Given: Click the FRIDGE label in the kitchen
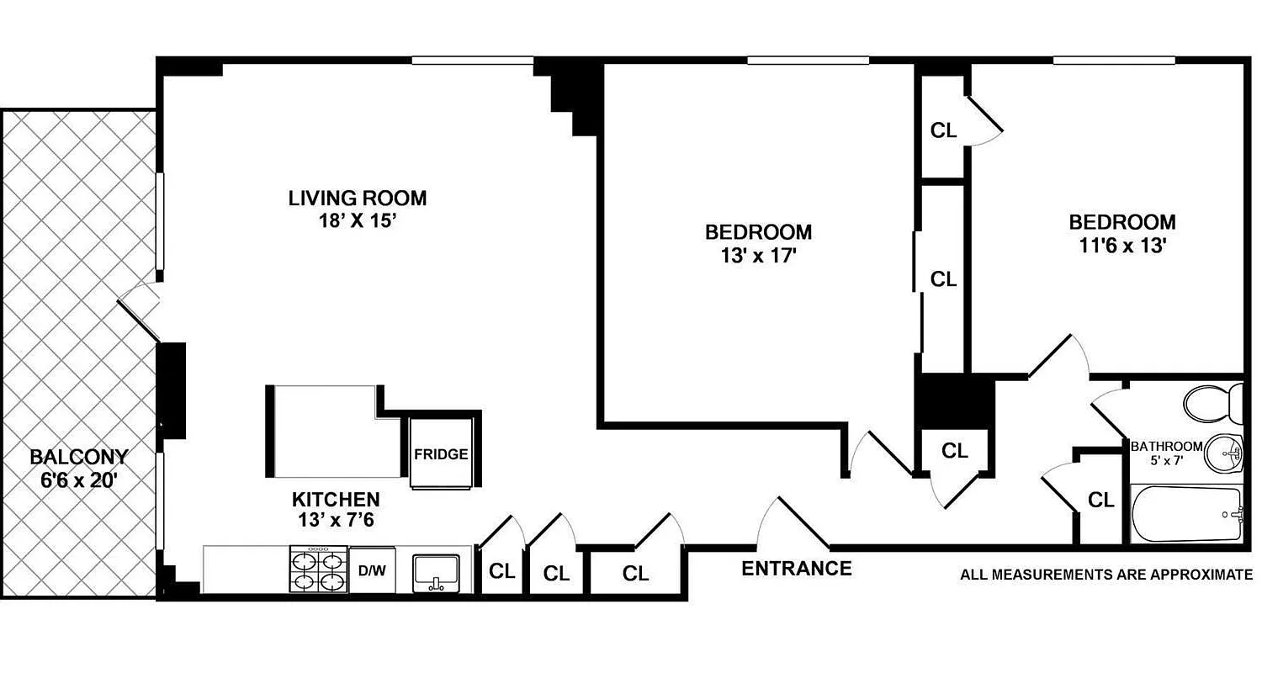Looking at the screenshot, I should (x=440, y=454).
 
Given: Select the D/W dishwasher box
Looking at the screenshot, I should (x=372, y=571).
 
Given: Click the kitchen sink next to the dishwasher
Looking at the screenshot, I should (x=436, y=571).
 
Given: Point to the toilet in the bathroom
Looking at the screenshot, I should (x=1213, y=403).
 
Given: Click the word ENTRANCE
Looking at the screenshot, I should (x=796, y=569).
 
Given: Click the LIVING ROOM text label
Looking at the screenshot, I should (x=358, y=199).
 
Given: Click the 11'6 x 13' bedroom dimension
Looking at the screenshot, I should (x=1121, y=246).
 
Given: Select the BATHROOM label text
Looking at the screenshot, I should (x=1166, y=445).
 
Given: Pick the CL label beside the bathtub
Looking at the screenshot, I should (x=1100, y=501).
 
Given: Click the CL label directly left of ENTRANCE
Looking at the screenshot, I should (x=636, y=574).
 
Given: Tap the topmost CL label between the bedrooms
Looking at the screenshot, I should (x=943, y=130).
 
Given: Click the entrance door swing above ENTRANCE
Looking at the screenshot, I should (x=791, y=522).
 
